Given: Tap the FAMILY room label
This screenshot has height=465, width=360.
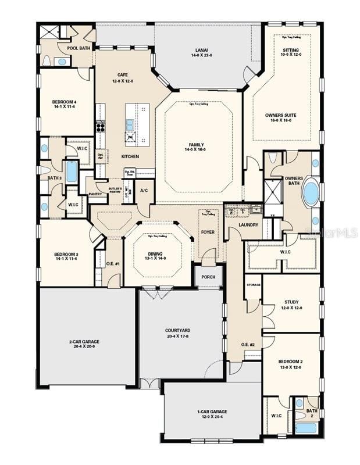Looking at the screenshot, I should click(197, 145).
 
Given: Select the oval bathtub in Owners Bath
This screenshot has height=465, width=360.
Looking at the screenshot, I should click(311, 193).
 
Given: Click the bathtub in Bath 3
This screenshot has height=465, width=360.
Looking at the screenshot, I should click(72, 171).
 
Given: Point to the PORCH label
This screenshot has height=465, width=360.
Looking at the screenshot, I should click(208, 277).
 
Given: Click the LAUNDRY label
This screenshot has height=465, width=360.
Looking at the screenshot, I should click(248, 224).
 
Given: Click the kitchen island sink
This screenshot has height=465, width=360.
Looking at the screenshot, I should click(130, 124).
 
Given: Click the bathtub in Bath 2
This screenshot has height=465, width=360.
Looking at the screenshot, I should click(306, 428).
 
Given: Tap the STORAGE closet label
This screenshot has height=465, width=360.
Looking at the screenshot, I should click(253, 285).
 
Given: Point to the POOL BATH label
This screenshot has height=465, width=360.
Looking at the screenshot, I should click(77, 48).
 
